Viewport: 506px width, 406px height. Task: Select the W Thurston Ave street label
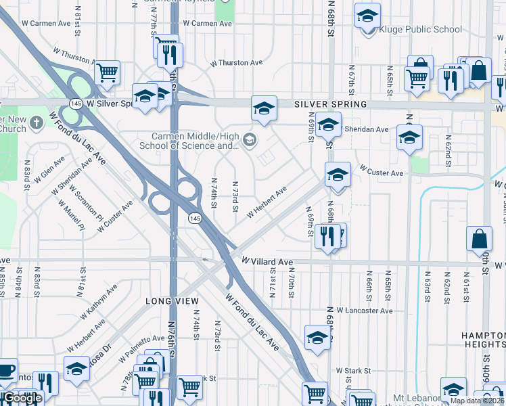tap(236, 63)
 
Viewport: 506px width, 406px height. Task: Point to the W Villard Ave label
tap(267, 262)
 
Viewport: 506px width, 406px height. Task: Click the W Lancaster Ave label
tap(364, 311)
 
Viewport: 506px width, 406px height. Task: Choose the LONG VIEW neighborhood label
tap(172, 300)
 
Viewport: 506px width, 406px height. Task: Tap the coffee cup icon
tap(6, 371)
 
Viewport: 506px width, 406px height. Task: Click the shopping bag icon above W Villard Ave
tap(479, 239)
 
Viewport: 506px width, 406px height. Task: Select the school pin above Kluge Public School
tap(367, 15)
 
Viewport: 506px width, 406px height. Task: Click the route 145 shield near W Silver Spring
tap(75, 104)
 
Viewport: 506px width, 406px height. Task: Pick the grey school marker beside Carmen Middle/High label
tap(249, 140)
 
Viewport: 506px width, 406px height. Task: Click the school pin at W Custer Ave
tap(338, 175)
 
